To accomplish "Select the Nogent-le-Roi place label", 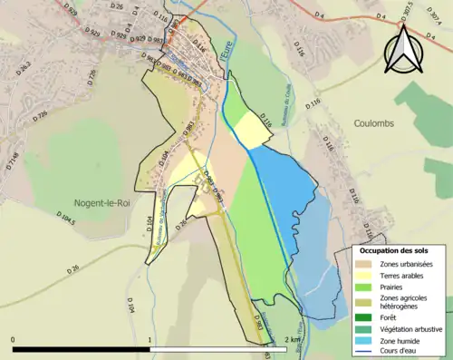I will pyautogui.click(x=102, y=203).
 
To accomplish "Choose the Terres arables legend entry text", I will pyautogui.click(x=405, y=276).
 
